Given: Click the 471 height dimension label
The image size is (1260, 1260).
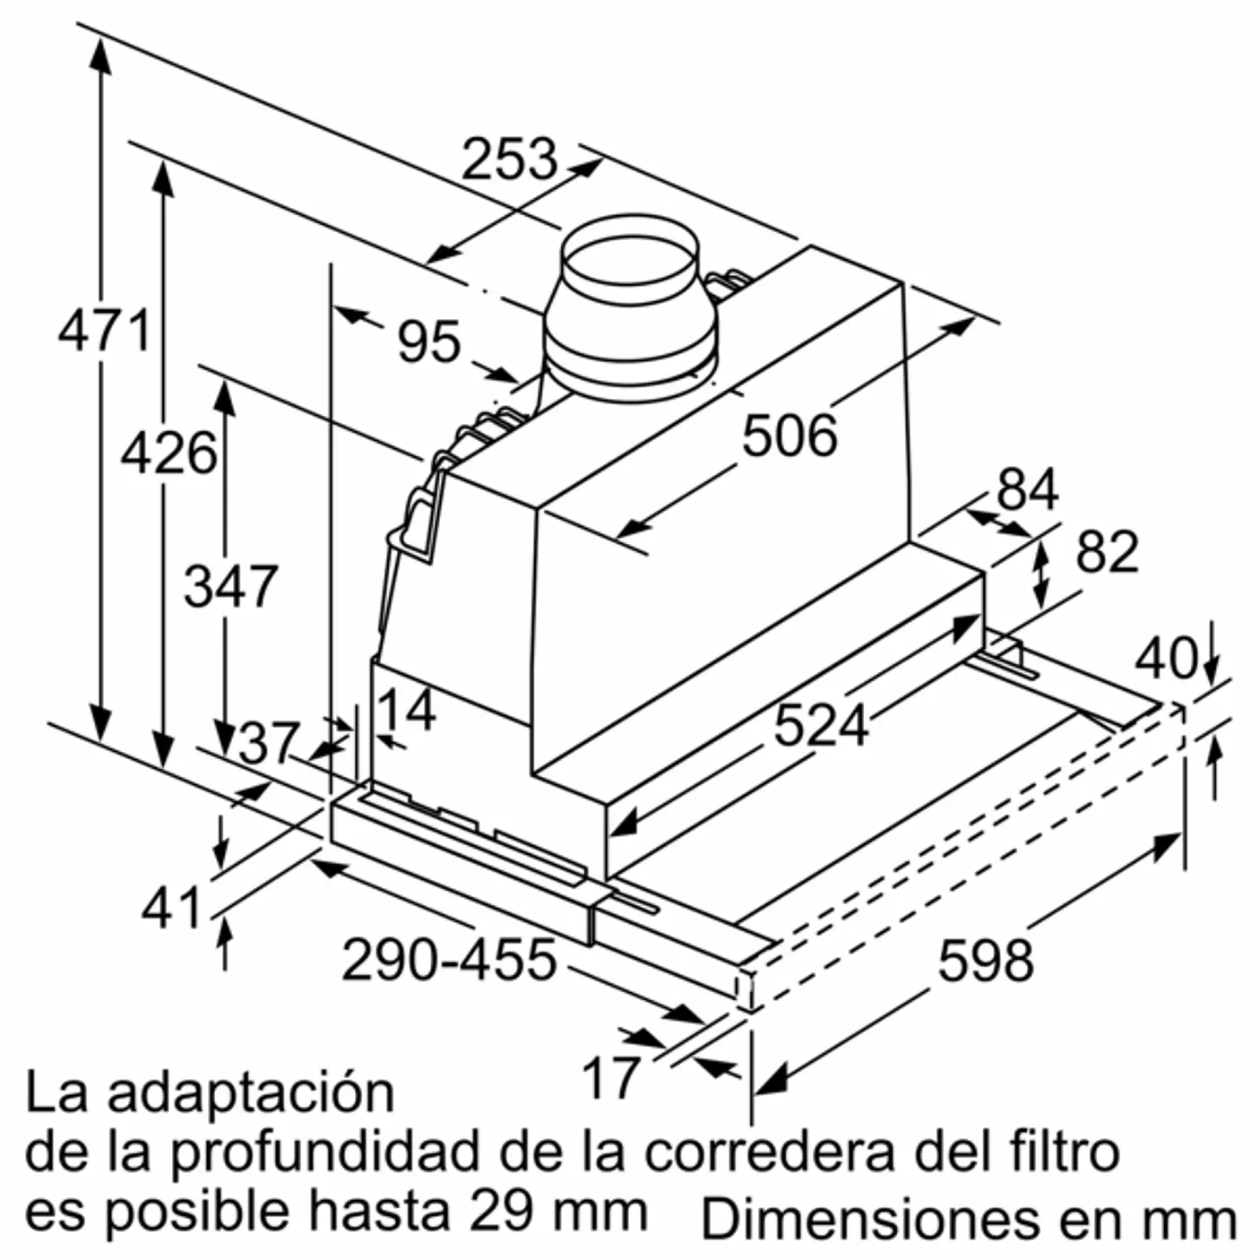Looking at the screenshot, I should point(104,332).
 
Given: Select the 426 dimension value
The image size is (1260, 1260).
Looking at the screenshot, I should point(168,453).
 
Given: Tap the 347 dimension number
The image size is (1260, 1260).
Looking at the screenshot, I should point(230,587).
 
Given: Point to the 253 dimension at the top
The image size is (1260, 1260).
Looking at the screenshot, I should point(509,160).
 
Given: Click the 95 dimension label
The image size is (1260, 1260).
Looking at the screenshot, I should point(428,342).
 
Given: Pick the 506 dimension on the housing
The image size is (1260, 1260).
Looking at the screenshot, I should point(790,436).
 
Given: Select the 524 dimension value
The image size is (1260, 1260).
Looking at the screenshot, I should point(821,724).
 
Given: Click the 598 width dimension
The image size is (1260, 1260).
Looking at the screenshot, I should point(985,961).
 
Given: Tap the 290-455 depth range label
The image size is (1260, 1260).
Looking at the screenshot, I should point(449,960).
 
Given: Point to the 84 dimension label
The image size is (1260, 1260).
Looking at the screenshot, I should point(1027,489).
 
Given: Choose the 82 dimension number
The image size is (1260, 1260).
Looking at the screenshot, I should point(1107,552).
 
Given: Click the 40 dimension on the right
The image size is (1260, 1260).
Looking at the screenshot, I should point(1165,659).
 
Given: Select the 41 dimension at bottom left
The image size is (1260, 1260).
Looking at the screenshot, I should point(171,909).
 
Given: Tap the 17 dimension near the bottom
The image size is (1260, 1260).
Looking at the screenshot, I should point(611,1076).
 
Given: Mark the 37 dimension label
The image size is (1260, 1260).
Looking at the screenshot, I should point(268,743).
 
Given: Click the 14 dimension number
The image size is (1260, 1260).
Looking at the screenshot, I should point(405,710).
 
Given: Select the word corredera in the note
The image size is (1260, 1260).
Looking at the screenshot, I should point(768,1152).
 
